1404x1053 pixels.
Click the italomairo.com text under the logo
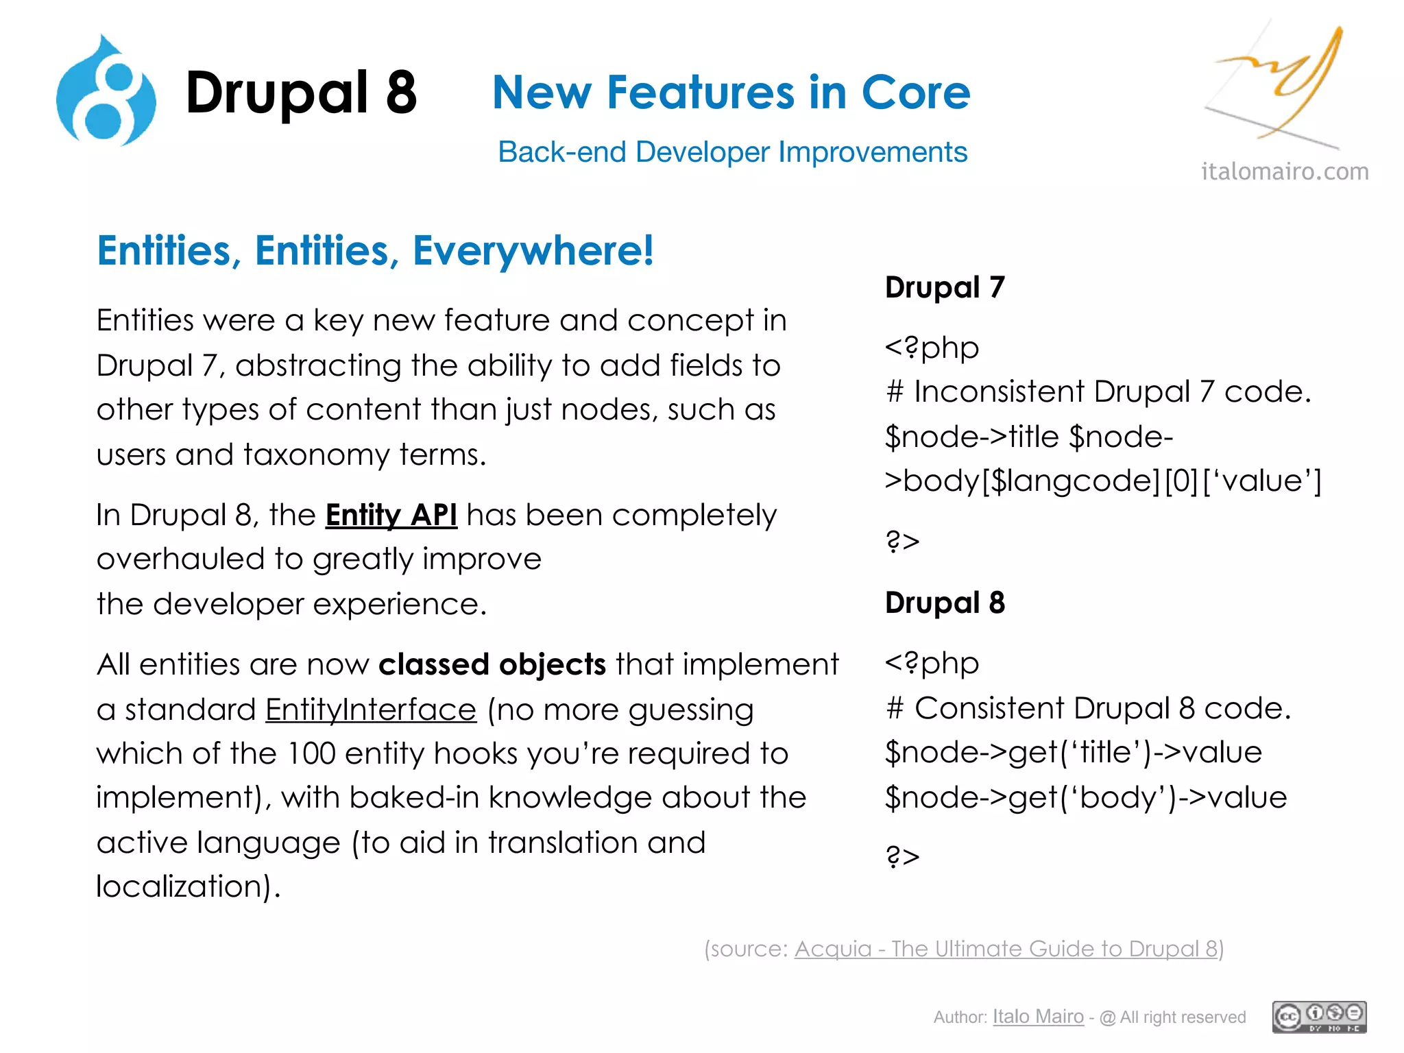1285,171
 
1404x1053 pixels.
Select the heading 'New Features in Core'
731,93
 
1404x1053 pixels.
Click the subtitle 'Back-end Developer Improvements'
732,152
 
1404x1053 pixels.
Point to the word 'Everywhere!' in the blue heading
533,251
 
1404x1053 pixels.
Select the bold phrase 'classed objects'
492,665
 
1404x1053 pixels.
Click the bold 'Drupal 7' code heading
945,287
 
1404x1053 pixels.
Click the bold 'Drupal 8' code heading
945,603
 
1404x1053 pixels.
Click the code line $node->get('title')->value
1073,753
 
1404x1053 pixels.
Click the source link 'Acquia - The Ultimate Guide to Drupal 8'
1006,949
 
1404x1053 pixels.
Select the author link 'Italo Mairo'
1038,1017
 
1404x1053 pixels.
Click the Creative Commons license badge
1319,1017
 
